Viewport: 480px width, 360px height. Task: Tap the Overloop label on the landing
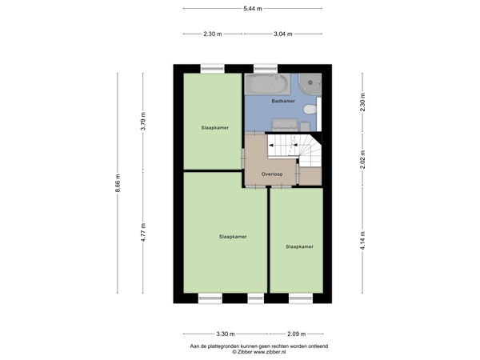[x=273, y=173]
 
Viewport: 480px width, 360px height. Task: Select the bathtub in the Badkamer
[x=267, y=83]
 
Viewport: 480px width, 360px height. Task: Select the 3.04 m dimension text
[x=283, y=34]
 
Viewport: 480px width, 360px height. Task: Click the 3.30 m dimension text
[x=226, y=334]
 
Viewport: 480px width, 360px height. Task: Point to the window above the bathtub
[x=264, y=68]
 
